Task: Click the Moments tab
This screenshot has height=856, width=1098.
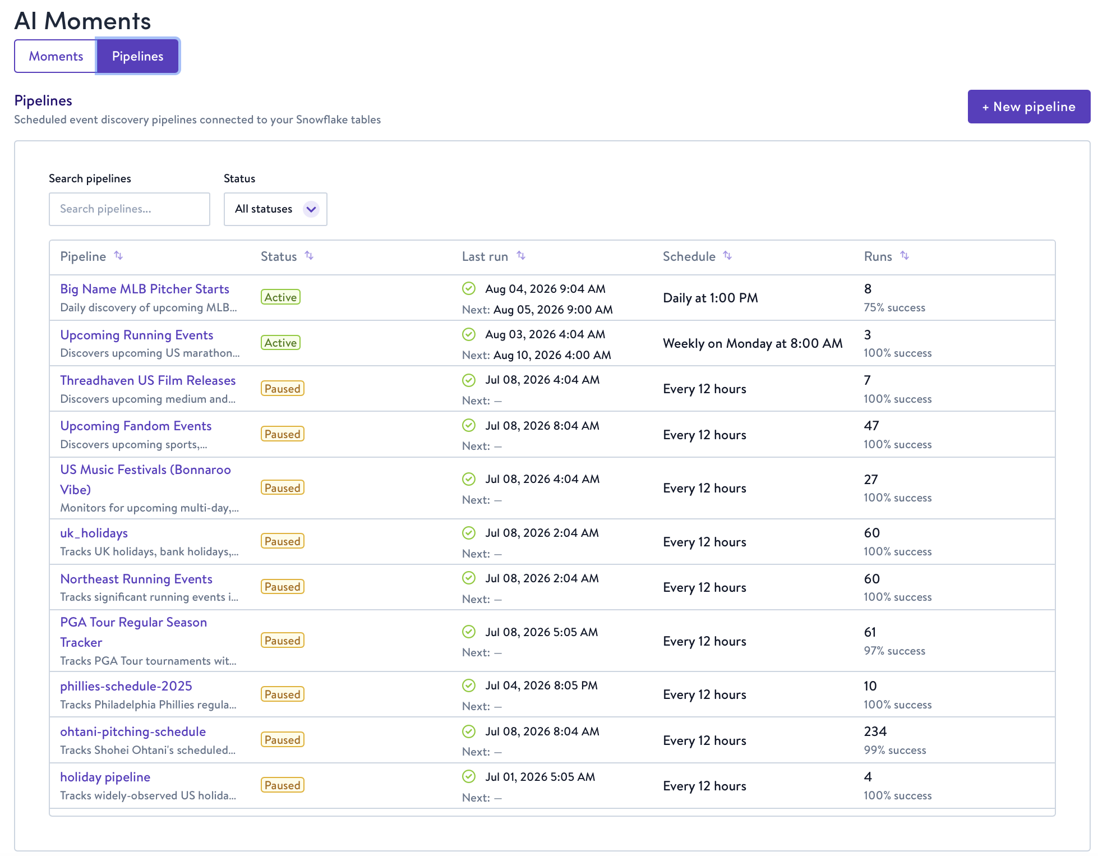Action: coord(56,56)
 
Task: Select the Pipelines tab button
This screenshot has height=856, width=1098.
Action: coord(137,56)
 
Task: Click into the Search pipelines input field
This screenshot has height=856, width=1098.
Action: coord(130,209)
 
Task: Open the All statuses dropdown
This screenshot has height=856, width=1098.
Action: coord(275,209)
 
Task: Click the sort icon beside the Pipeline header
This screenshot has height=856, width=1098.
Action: coord(118,256)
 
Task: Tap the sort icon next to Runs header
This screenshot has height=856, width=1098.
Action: coord(905,256)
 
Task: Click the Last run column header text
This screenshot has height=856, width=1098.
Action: coord(485,256)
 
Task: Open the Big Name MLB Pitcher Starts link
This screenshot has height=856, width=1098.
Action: coord(145,289)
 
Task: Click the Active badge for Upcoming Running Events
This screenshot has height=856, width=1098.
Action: coord(280,343)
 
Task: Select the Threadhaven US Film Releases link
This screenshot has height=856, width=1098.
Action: coord(148,380)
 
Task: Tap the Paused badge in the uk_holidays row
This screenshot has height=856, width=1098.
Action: coord(283,541)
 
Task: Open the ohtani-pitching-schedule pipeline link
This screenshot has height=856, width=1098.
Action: coord(133,731)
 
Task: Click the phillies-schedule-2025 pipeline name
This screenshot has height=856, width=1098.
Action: coord(126,686)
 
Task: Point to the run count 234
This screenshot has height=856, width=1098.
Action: coord(875,731)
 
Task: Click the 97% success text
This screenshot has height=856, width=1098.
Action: coord(894,651)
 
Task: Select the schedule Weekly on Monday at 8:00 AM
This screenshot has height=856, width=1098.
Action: coord(753,343)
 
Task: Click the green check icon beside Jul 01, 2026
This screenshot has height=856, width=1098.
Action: coord(469,776)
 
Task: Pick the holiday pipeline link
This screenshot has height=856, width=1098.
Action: coord(105,777)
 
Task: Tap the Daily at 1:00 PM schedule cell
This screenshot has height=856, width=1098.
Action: coord(711,298)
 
